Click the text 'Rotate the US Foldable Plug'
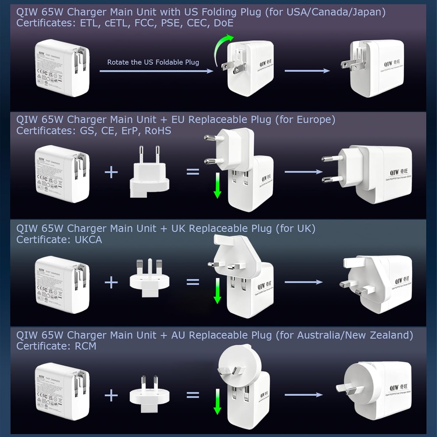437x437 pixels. coord(153,62)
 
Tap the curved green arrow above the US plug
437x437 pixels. coord(221,48)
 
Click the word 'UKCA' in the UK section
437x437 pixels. coord(88,240)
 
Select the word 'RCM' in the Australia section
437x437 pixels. coord(85,346)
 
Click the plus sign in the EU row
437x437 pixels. coord(111,172)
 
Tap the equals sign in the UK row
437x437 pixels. coord(193,282)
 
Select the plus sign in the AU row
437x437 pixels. coord(111,395)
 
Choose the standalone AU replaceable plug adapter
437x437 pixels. coord(149,395)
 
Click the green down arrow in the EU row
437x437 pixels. coord(217,185)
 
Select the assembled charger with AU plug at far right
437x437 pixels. coord(374,390)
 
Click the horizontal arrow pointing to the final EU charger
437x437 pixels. coord(303,172)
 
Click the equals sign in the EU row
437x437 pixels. coord(193,172)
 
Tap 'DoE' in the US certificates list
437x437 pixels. coord(223,23)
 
